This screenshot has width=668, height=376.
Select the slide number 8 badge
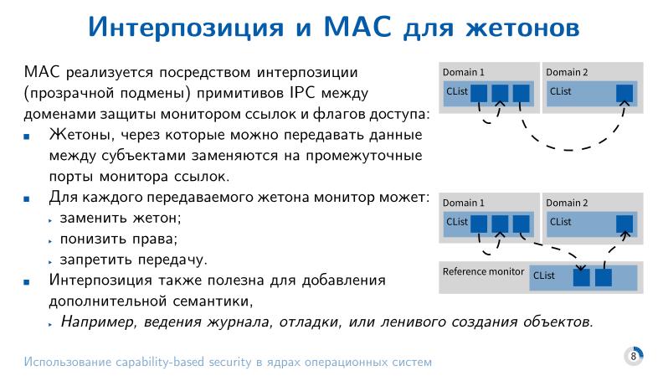point(634,356)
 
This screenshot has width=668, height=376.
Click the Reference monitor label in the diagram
point(483,272)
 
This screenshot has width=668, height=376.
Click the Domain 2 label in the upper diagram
point(567,73)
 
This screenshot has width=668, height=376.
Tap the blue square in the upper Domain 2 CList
point(624,92)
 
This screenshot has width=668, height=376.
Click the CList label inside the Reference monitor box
point(543,276)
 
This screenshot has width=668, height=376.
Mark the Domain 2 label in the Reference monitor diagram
point(567,203)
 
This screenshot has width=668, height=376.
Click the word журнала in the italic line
point(254,321)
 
